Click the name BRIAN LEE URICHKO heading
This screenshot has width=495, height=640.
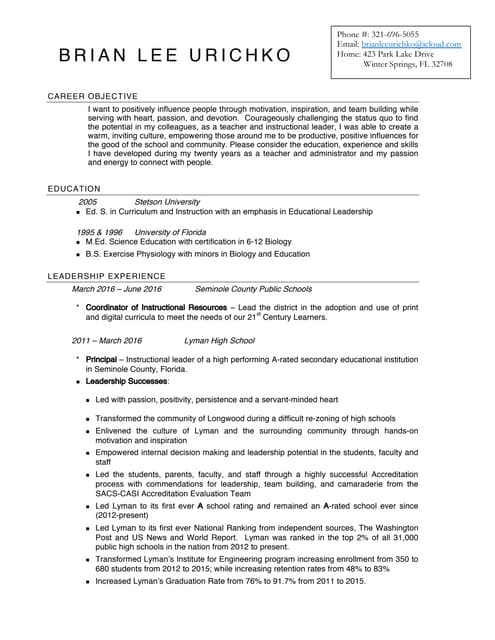[x=175, y=56]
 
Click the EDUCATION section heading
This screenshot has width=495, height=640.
[x=74, y=188]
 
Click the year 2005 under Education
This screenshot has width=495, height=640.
[x=87, y=201]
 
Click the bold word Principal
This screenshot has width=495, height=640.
[x=101, y=358]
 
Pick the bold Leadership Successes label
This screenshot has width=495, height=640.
[x=126, y=382]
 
